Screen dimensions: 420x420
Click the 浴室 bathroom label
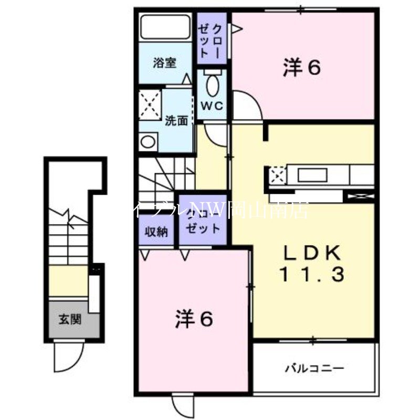pos(164,63)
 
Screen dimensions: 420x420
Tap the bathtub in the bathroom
pos(165,28)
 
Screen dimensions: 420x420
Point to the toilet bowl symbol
pos(212,85)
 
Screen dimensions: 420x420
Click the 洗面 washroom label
pos(176,121)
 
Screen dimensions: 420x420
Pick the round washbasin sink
pos(148,142)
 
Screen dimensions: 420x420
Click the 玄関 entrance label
pos(70,319)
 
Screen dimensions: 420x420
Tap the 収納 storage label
pos(156,231)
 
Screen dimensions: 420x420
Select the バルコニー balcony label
pos(314,368)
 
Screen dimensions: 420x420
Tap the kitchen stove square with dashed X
pos(278,173)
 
